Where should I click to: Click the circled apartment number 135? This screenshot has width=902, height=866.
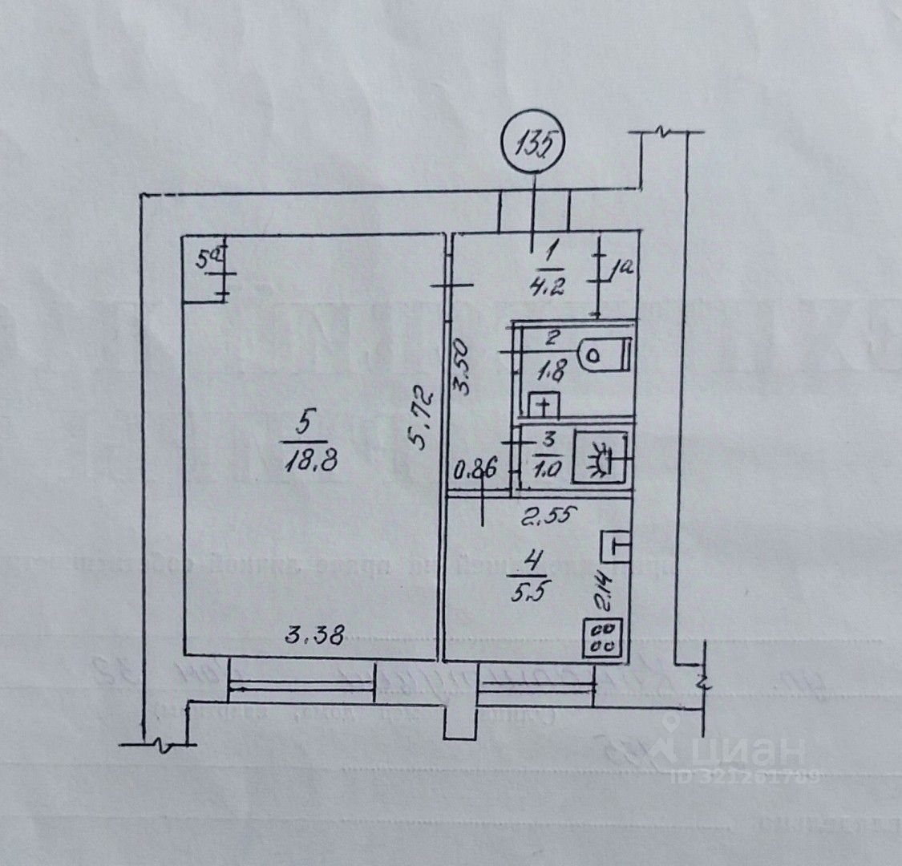[534, 145]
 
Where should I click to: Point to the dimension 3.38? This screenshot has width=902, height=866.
[316, 637]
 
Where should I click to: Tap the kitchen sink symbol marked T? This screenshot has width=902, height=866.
[615, 548]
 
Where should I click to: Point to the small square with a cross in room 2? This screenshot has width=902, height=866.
[545, 406]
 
